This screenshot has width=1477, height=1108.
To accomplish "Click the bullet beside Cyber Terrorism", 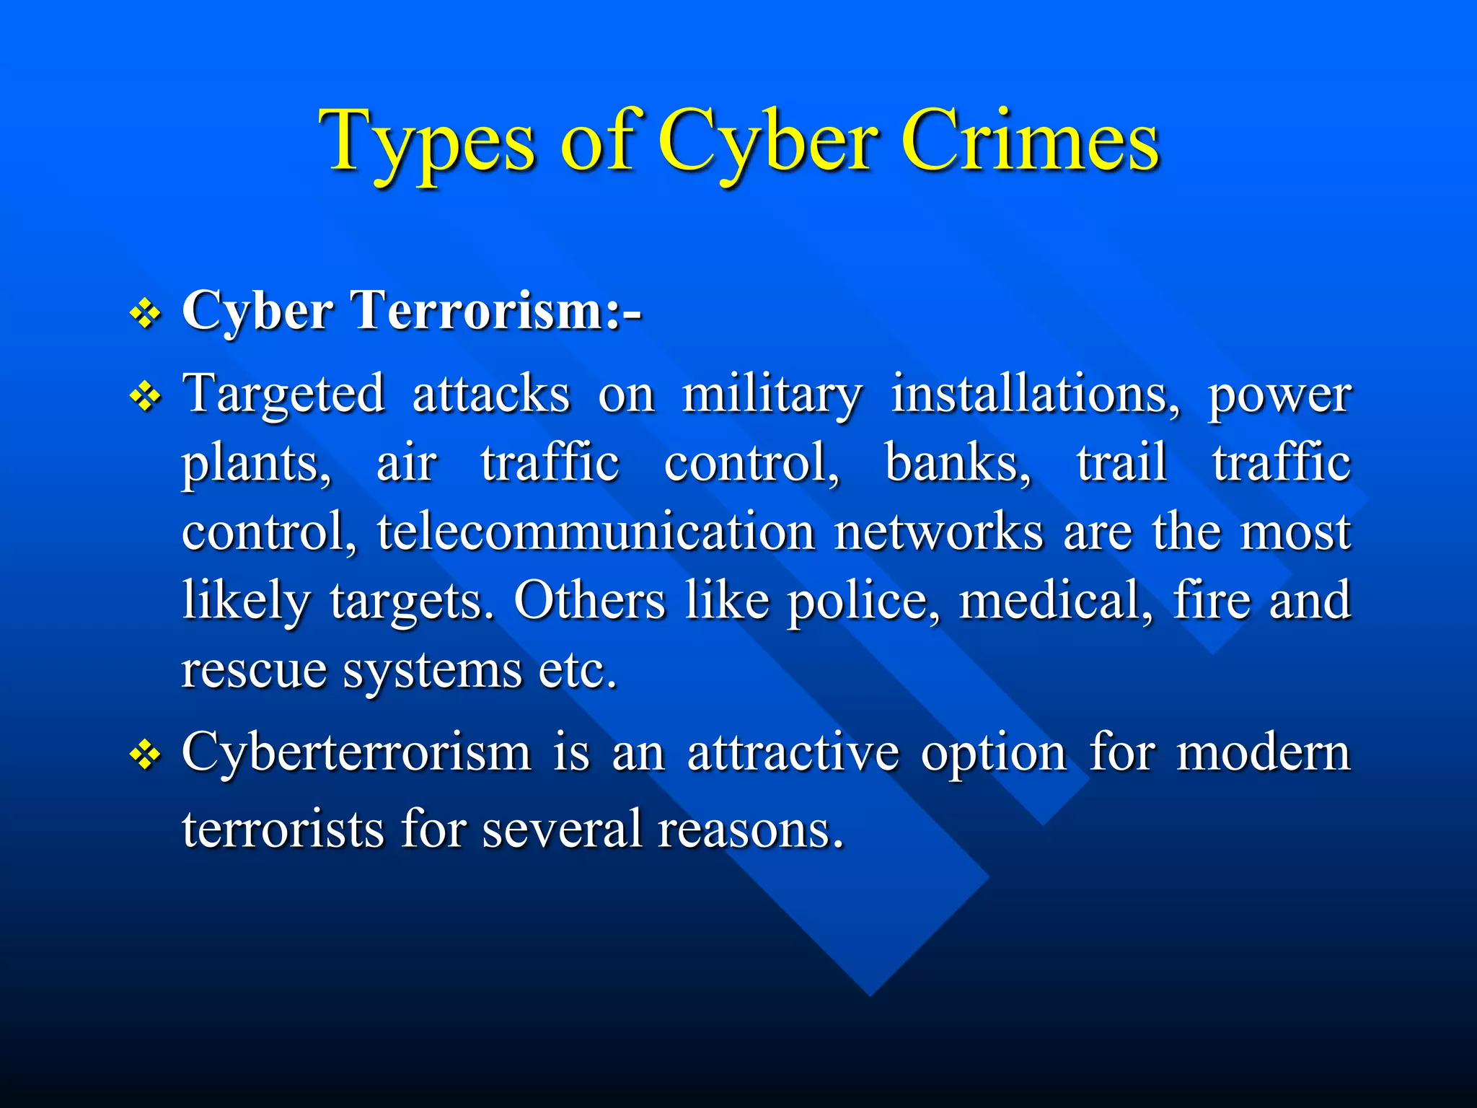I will [146, 315].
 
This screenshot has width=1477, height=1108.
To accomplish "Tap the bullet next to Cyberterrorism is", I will [146, 756].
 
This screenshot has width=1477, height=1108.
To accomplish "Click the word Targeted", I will [283, 395].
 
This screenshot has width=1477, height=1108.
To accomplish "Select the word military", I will [771, 395].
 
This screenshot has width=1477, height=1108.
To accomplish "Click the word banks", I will [957, 462].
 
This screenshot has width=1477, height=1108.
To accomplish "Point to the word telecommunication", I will [596, 532].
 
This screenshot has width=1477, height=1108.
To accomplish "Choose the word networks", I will [938, 532].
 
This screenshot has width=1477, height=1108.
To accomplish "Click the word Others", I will [589, 600].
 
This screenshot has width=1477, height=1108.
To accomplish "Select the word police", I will [863, 600].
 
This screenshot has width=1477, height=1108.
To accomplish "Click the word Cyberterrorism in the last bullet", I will [356, 753].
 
